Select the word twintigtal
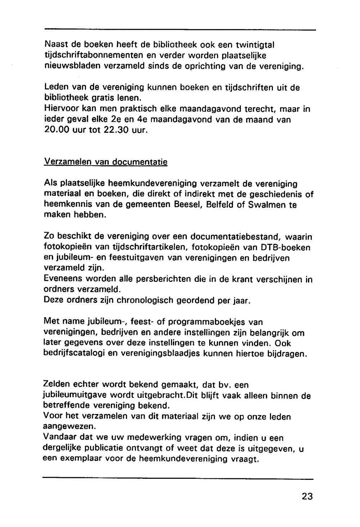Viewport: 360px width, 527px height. point(255,45)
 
